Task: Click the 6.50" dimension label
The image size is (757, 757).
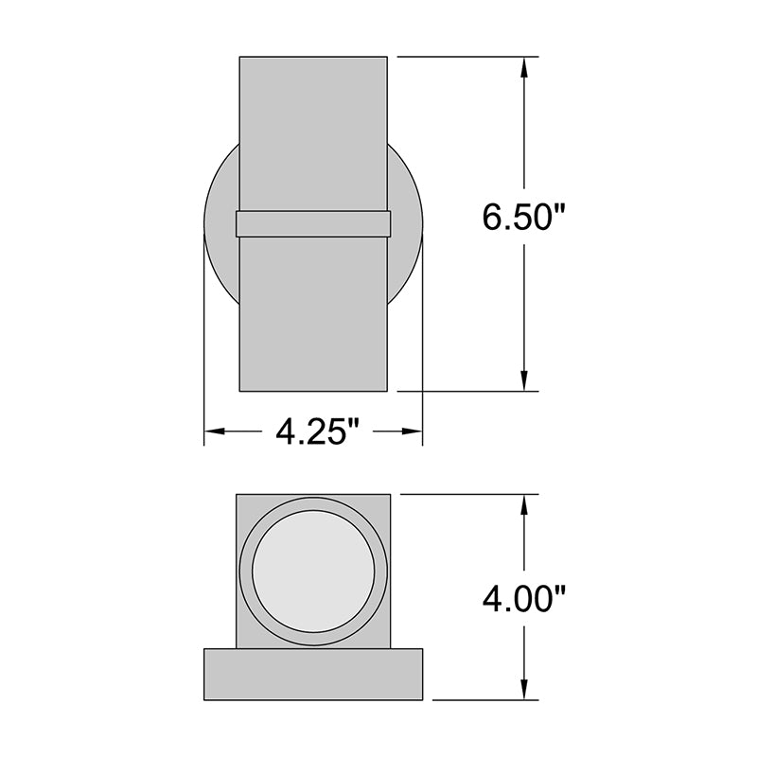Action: (x=523, y=218)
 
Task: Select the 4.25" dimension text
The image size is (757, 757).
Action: (x=317, y=431)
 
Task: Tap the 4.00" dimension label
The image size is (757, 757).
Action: (x=523, y=599)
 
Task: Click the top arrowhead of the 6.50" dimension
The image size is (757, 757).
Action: (x=524, y=67)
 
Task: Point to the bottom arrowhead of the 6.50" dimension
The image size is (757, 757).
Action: (x=524, y=380)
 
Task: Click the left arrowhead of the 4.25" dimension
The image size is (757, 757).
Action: (x=215, y=431)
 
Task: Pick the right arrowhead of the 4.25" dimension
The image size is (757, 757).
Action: (x=412, y=431)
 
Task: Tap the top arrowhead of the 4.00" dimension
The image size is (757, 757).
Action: (x=524, y=505)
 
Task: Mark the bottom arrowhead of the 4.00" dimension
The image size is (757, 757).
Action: (x=524, y=689)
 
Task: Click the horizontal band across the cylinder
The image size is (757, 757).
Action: (x=313, y=224)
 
